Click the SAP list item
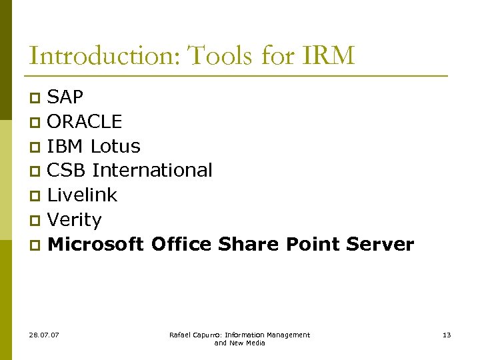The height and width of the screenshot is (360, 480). click(65, 97)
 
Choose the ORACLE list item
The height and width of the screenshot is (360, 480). click(85, 122)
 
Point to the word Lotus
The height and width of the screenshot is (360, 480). click(115, 146)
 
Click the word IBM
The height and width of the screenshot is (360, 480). click(66, 146)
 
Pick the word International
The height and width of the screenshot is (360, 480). click(152, 171)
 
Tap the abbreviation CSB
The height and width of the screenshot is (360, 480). click(67, 171)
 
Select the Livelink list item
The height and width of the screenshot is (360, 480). click(82, 195)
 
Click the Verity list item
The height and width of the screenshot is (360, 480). click(75, 220)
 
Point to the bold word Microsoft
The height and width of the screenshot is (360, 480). click(96, 245)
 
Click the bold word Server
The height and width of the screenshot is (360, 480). click(380, 245)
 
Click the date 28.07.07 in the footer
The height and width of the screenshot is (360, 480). click(44, 335)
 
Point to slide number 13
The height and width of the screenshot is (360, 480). click(447, 335)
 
